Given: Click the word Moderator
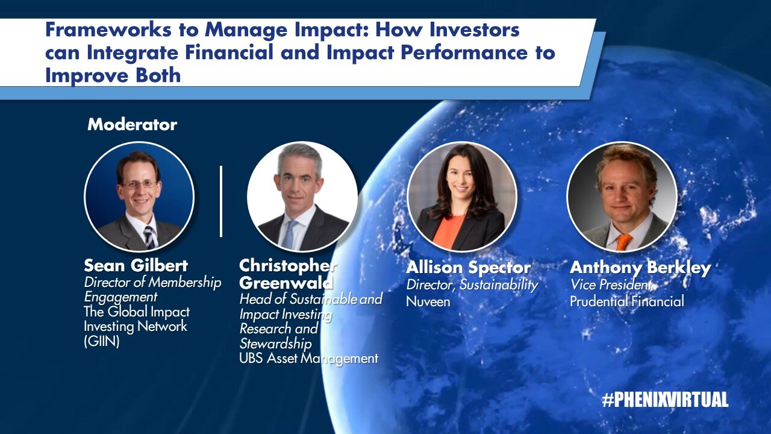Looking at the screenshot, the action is [132, 125].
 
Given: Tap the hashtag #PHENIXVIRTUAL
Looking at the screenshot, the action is [666, 400].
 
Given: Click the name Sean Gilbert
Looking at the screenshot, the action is [136, 266].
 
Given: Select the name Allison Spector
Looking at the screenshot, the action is [469, 268].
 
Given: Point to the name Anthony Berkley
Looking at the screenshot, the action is [640, 268].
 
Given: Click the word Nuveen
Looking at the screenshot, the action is [428, 302].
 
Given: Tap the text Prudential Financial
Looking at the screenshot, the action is [627, 301].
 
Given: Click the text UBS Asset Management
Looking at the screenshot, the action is [309, 359].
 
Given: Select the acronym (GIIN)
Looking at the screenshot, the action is [102, 341].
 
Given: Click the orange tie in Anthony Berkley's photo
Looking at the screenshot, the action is [623, 242].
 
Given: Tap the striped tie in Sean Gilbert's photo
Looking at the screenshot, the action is [149, 237].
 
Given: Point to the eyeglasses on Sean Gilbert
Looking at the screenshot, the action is [139, 185].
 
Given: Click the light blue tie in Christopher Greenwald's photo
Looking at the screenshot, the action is [288, 235].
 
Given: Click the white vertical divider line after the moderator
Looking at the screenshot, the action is [221, 201].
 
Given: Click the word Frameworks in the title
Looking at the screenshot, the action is [108, 30].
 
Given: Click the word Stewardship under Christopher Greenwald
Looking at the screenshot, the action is [275, 344].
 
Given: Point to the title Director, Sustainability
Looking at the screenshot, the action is [472, 285].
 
